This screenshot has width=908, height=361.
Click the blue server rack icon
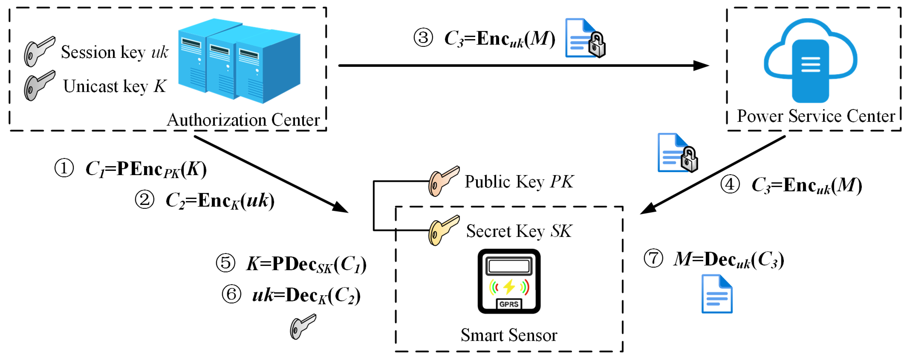[239, 61]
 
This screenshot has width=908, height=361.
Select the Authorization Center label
[243, 120]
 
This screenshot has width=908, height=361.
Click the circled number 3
[423, 38]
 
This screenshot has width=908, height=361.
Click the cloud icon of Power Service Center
[810, 61]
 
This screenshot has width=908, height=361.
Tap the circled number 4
[730, 184]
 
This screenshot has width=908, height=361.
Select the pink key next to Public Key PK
[443, 181]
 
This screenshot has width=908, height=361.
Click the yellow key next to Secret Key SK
[443, 230]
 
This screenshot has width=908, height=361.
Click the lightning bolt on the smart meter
[509, 287]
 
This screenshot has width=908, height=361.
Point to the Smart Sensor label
[509, 335]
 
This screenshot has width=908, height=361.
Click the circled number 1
[64, 168]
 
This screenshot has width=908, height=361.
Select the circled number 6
[232, 294]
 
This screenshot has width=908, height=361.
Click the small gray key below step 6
[303, 327]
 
